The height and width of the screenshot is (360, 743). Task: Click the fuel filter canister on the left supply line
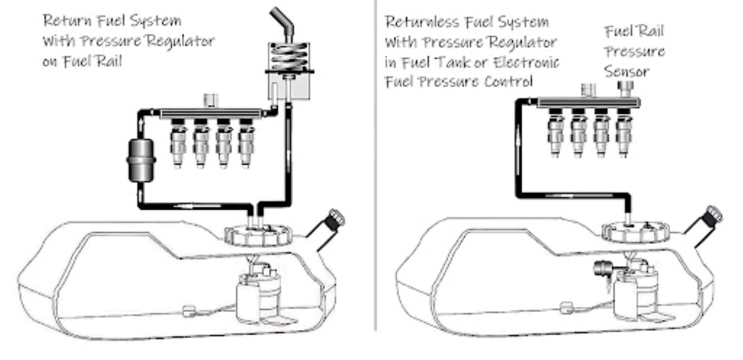click(141, 161)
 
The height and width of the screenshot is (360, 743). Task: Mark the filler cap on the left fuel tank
click(335, 218)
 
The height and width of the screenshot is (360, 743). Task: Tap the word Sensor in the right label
click(626, 71)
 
